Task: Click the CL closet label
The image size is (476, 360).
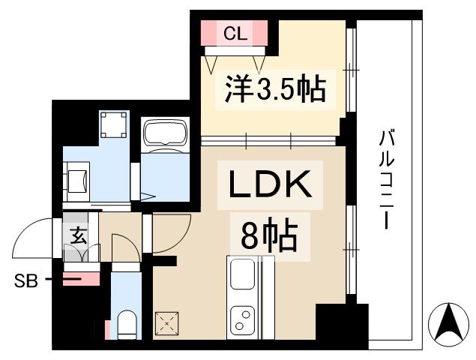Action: tap(235, 33)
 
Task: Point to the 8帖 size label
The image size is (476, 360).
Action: tap(269, 237)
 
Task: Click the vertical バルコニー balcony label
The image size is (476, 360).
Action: tap(387, 180)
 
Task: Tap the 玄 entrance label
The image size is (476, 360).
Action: tap(76, 235)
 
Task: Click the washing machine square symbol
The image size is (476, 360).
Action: tap(114, 124)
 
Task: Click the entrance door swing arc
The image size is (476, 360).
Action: tap(31, 238)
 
